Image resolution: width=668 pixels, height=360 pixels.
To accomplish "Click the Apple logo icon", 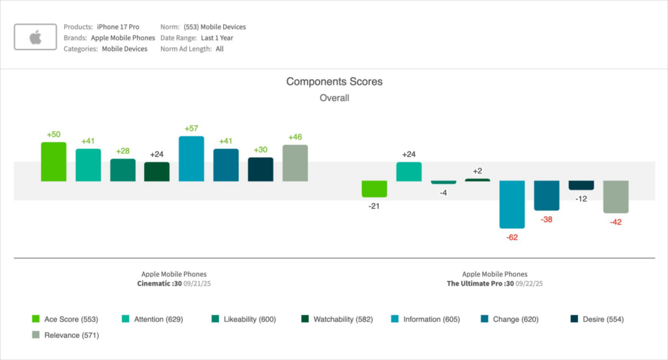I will click(x=35, y=38).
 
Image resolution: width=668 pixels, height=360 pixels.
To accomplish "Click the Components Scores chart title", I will click(x=334, y=82).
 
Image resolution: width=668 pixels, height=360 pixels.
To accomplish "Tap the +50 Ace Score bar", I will click(x=53, y=162).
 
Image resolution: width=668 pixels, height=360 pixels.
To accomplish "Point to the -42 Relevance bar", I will click(x=615, y=196).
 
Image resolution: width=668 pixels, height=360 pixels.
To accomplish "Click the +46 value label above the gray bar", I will click(x=295, y=138).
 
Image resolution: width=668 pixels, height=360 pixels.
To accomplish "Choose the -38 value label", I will click(x=546, y=220).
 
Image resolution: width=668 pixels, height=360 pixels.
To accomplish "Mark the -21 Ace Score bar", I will click(x=374, y=188).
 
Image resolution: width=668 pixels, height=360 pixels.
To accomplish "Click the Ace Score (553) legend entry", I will click(x=65, y=319).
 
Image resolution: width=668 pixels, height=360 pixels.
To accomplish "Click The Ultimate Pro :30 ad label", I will click(x=480, y=284).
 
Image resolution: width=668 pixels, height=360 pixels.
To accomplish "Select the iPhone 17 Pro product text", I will click(x=118, y=27).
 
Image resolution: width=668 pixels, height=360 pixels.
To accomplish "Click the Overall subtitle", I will click(x=334, y=98).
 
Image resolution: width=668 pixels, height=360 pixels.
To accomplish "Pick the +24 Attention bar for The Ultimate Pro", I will click(x=409, y=172).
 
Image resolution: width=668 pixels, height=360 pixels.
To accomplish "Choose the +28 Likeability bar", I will click(x=123, y=170).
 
